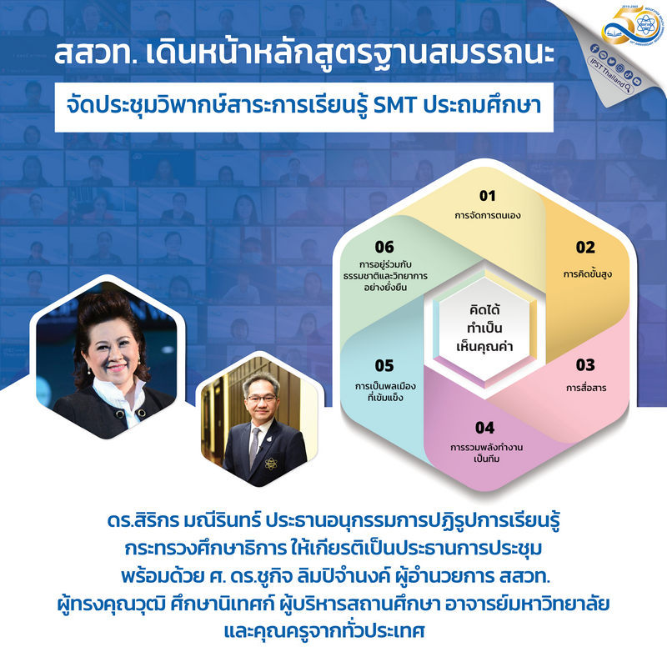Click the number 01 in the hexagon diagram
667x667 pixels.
point(488,196)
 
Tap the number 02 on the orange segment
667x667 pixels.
point(585,247)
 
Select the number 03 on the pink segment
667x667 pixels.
point(585,365)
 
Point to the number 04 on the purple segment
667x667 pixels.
point(485,428)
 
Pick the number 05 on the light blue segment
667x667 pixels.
point(384,366)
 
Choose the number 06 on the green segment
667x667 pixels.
point(384,247)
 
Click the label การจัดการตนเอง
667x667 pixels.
point(488,215)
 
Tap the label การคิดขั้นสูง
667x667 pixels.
point(588,273)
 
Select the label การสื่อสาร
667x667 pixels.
point(586,387)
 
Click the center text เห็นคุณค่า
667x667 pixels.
point(484,346)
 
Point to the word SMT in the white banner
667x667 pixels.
point(394,106)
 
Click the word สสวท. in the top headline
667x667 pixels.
point(96,54)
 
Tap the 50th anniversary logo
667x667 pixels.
point(632,25)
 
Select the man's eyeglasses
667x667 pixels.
point(261,399)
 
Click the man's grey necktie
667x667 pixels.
point(254,447)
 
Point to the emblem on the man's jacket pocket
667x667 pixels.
point(270,464)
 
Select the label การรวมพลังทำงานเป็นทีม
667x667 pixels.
point(487,453)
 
